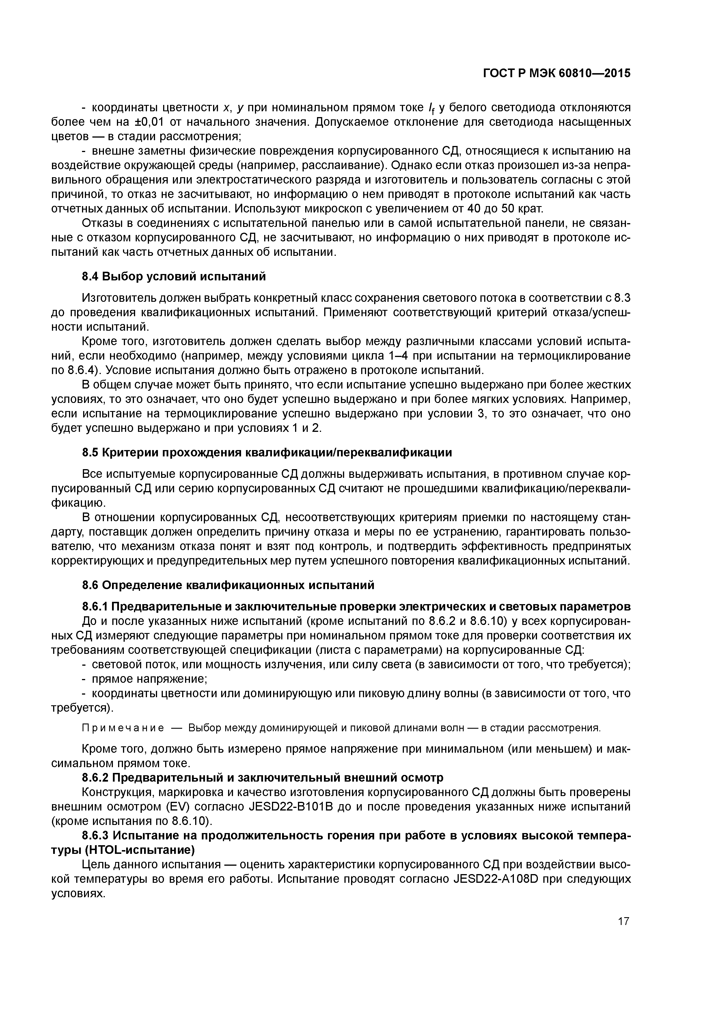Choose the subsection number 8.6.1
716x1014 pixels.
(x=95, y=606)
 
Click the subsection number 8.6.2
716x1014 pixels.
(x=95, y=777)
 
